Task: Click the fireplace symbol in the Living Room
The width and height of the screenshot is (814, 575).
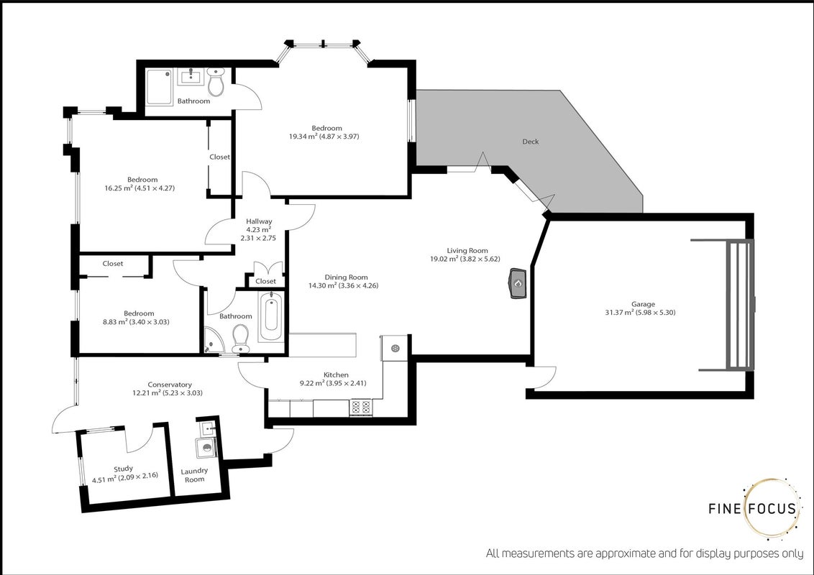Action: pos(518,283)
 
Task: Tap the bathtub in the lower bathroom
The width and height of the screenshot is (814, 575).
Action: pos(271,316)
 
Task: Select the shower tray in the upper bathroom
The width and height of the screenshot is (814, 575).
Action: pos(160,87)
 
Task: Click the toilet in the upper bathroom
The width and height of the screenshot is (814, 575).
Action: pos(216,81)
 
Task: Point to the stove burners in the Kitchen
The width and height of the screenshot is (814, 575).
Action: pos(361,407)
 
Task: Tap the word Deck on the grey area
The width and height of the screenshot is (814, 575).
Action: pos(531,141)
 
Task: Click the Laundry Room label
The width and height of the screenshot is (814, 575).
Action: pos(194,475)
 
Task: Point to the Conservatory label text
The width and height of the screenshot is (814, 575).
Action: pos(170,385)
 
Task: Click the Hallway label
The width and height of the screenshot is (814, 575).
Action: pos(259,221)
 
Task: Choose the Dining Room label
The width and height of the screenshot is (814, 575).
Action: pos(347,277)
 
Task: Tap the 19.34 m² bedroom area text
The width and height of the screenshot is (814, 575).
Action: pos(324,137)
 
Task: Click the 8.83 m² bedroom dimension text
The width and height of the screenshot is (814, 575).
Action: pos(136,322)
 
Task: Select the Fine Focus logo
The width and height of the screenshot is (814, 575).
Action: pos(754,508)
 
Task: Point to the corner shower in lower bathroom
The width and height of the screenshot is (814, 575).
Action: pos(214,340)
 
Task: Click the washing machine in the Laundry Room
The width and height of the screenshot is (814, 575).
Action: pos(206,448)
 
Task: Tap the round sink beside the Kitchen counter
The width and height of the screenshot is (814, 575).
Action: pos(395,348)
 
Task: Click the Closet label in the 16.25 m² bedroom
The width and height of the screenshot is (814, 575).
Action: pos(219,157)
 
